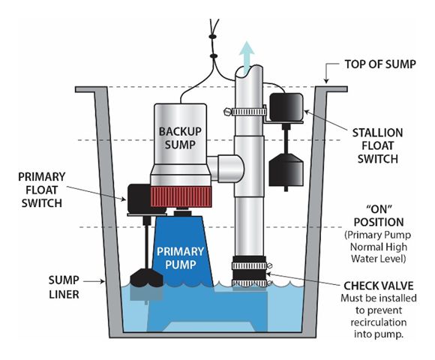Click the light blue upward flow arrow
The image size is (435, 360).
247,58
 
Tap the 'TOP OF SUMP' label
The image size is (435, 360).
380,64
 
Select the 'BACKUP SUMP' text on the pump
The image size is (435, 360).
180,138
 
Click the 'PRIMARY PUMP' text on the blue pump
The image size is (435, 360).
180,258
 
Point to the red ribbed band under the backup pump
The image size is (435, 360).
181,196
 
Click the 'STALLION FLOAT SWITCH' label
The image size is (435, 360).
377,146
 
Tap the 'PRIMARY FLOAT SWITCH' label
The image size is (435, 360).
41,190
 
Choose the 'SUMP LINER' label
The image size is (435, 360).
64,287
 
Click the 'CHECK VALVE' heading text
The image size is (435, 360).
379,286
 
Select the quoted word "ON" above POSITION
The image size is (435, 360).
379,209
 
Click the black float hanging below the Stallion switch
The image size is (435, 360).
286,170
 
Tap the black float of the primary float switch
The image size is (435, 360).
146,277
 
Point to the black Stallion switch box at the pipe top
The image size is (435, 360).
286,107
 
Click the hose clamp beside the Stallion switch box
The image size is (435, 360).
245,112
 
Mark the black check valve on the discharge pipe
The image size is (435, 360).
249,271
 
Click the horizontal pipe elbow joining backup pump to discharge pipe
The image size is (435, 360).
225,168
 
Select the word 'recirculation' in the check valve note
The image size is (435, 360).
379,322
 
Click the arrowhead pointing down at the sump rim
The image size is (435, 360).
326,81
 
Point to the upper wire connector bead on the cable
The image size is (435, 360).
212,36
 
